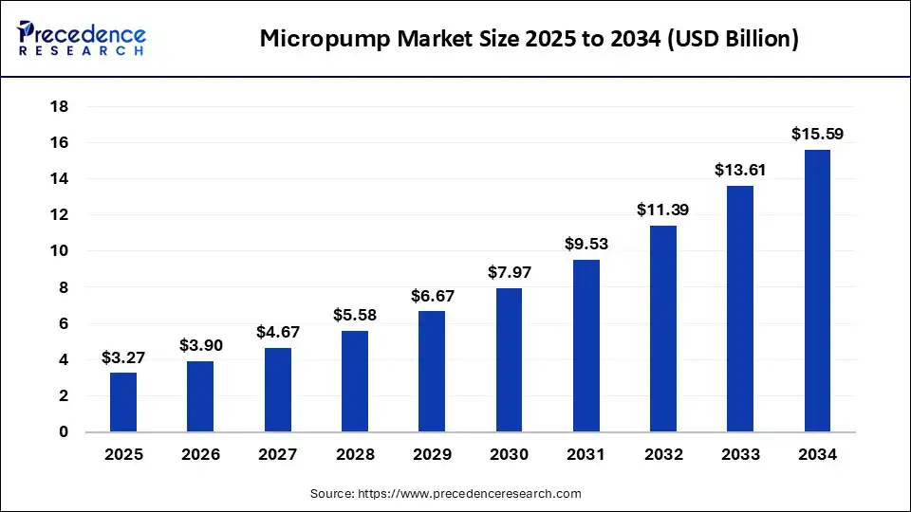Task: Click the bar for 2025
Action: coord(123,402)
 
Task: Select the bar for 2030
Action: coord(509,360)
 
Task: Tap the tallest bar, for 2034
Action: coord(817,290)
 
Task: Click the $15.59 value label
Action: coord(817,135)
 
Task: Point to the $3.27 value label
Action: coord(122,357)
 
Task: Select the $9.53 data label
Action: coord(586,244)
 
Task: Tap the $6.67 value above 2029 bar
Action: coord(432,296)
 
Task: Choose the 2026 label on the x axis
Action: coord(200,455)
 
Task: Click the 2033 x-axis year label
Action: coord(740,455)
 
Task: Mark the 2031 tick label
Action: coord(586,455)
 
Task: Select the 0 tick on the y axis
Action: coord(64,432)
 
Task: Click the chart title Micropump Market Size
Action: coord(529,39)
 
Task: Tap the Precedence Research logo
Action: coord(82,39)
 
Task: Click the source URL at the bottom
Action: coord(445,493)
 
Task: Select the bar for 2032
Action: coord(663,328)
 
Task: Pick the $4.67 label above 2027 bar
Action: coord(277,332)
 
